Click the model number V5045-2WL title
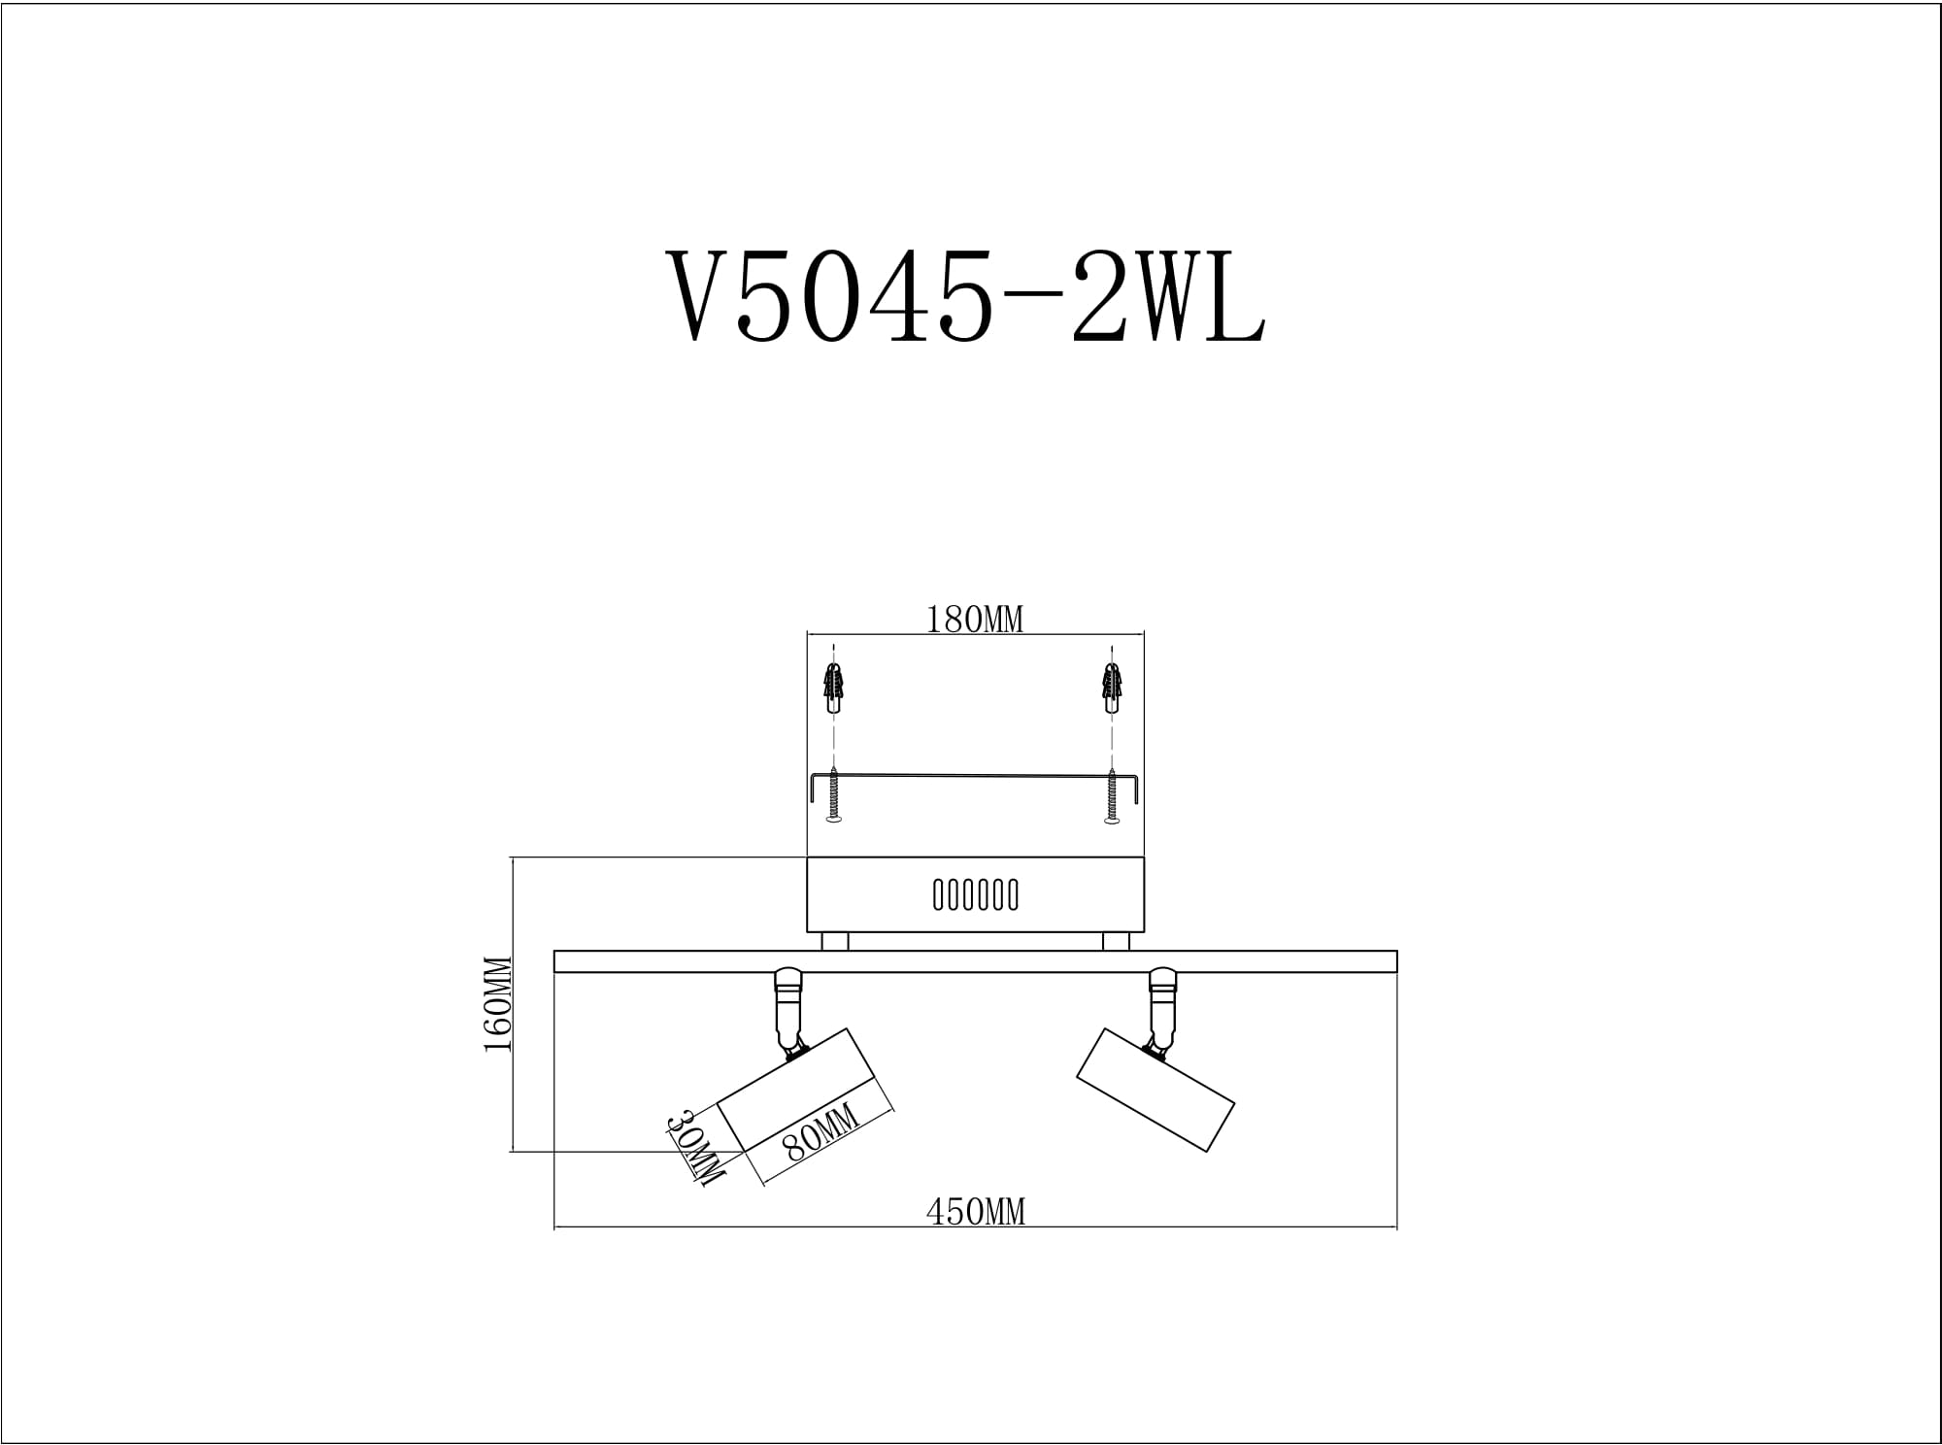pos(965,296)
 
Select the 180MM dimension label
pos(974,620)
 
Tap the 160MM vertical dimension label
pos(497,1004)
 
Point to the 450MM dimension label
pos(975,1212)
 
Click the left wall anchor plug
pos(832,688)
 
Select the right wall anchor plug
pos(1112,688)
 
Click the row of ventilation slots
pos(975,894)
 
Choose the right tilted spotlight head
pos(1155,1090)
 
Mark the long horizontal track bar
pos(975,961)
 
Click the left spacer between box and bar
pos(834,941)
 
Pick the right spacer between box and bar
pos(1116,941)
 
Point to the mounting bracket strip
pos(974,776)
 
